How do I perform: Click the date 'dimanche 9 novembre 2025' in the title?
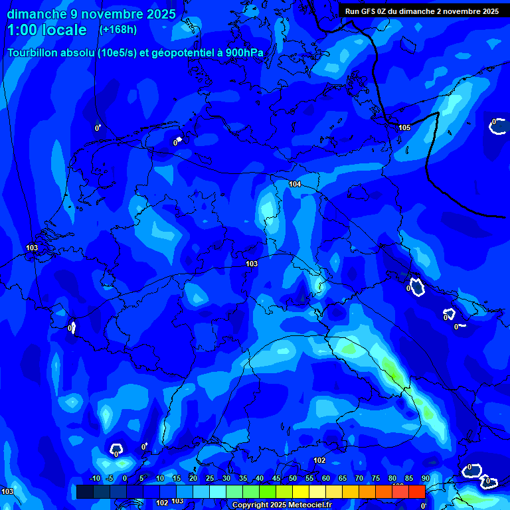pyautogui.click(x=91, y=14)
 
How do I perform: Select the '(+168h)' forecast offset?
pyautogui.click(x=119, y=29)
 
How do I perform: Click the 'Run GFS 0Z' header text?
pyautogui.click(x=367, y=11)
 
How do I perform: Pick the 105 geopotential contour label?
pyautogui.click(x=404, y=127)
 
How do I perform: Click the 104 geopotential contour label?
pyautogui.click(x=295, y=184)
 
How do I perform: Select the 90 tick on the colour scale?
pyautogui.click(x=425, y=479)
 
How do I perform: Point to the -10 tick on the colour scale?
pyautogui.click(x=94, y=479)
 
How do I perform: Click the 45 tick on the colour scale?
pyautogui.click(x=276, y=479)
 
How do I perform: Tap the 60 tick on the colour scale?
pyautogui.click(x=326, y=479)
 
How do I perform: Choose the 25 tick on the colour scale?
pyautogui.click(x=210, y=479)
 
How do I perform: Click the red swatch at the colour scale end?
pyautogui.click(x=416, y=491)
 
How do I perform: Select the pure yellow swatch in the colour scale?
pyautogui.click(x=300, y=491)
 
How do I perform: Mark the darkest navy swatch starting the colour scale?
pyautogui.click(x=84, y=491)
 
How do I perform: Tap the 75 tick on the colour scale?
pyautogui.click(x=376, y=479)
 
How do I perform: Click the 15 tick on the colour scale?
pyautogui.click(x=177, y=479)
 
